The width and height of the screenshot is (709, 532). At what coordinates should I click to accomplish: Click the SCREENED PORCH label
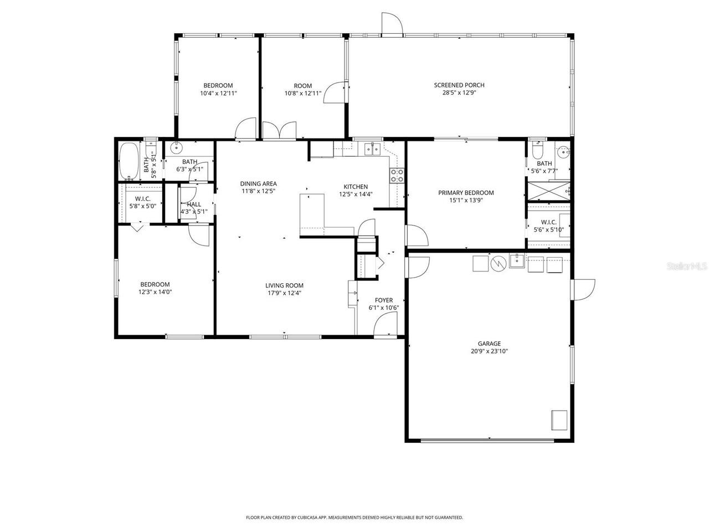point(459,85)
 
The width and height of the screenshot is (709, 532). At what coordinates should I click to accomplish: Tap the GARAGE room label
point(489,344)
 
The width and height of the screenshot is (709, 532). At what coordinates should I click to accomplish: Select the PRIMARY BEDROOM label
point(466,193)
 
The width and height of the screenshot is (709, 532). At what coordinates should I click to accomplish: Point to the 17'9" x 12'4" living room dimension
point(284,293)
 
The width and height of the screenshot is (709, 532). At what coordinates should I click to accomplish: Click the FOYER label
point(384,300)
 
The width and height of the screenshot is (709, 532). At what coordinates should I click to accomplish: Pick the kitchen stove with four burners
point(397,176)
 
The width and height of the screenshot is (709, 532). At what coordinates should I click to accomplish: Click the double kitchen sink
point(372,149)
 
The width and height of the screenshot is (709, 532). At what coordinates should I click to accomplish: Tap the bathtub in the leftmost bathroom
point(129,161)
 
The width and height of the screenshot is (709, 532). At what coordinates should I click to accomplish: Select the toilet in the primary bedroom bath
point(537,150)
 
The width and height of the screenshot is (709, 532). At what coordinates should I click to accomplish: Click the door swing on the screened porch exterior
point(392,23)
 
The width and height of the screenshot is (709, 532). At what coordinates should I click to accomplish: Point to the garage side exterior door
point(583,290)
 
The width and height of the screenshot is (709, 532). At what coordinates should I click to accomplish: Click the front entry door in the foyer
point(385,325)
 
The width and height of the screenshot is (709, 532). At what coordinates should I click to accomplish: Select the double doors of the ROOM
point(279,130)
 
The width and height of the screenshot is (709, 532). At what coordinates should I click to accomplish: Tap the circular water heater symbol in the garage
point(499,264)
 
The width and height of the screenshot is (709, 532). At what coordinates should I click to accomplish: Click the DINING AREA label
point(259,184)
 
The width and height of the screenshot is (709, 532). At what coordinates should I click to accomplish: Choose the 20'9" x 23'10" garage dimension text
point(489,351)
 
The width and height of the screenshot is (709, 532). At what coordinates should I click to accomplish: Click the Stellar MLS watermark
point(687,266)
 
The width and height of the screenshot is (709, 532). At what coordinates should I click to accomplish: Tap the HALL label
point(194,204)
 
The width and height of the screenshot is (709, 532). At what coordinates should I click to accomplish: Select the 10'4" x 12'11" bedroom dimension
point(218,93)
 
